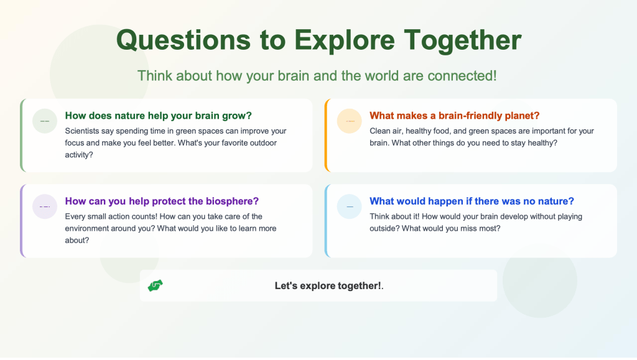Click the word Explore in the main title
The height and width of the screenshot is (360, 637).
[344, 40]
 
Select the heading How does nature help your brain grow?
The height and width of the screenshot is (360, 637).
[159, 116]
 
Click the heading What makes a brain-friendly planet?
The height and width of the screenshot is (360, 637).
[455, 116]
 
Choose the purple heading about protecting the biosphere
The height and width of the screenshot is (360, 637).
[162, 201]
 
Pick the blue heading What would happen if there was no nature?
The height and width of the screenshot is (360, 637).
[472, 201]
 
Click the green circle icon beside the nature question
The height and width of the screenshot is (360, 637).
[45, 121]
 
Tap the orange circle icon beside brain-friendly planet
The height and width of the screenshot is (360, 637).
[350, 121]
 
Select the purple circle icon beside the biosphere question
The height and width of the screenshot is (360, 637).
[45, 206]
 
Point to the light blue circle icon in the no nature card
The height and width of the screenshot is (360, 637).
[350, 206]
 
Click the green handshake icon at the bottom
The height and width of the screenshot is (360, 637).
[155, 286]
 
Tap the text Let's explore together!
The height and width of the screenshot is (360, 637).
[329, 286]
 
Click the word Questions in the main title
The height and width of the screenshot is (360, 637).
[184, 40]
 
